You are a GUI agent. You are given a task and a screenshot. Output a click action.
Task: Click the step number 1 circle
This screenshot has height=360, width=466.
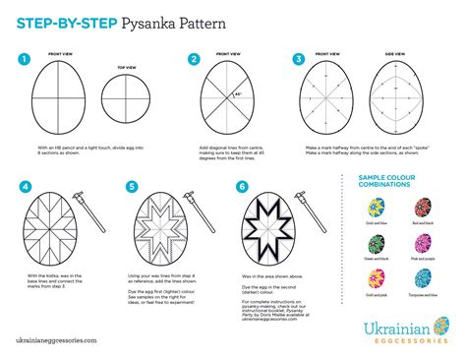tap(23, 59)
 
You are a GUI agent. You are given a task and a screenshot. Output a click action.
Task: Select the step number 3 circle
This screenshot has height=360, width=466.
tap(298, 59)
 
